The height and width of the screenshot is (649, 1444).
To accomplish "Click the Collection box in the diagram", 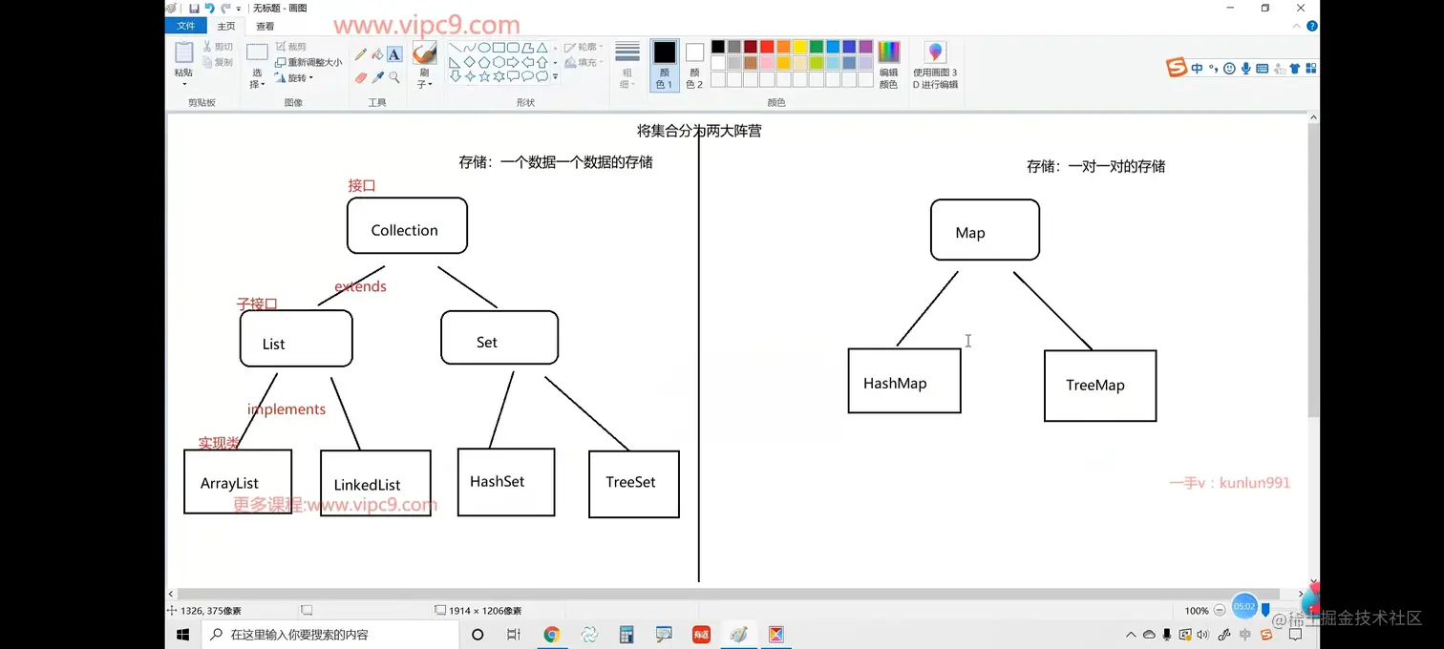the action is coord(407,226).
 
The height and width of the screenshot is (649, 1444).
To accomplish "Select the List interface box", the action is coord(296,339).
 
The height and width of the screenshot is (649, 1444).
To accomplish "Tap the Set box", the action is coord(499,338).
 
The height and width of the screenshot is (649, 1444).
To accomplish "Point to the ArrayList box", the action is coord(237,482).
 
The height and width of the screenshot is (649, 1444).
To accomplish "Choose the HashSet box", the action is coord(505,482).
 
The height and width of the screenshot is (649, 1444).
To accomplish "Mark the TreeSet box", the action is coord(633,484).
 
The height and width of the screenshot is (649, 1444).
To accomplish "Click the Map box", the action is coord(985,230).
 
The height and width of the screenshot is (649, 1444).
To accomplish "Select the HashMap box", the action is coord(903,381).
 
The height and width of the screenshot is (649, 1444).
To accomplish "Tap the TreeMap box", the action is coord(1099,386).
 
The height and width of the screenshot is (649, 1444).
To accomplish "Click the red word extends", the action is coord(360,286).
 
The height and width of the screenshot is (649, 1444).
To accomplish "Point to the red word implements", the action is coord(287,409).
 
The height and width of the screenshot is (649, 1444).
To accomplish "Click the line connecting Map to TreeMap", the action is coord(1052,311).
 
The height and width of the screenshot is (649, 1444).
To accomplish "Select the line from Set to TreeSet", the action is coord(586,413).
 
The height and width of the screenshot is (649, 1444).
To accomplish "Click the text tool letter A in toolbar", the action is coord(393,55).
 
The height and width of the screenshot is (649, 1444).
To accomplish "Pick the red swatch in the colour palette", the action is coord(766,47).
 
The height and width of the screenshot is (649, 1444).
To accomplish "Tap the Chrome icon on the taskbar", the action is coord(551,635).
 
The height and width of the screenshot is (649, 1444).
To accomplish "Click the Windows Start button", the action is coord(183,635).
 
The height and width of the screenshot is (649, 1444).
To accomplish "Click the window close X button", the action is coord(1300,9).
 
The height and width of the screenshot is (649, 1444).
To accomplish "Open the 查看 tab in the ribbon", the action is coord(265,27).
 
